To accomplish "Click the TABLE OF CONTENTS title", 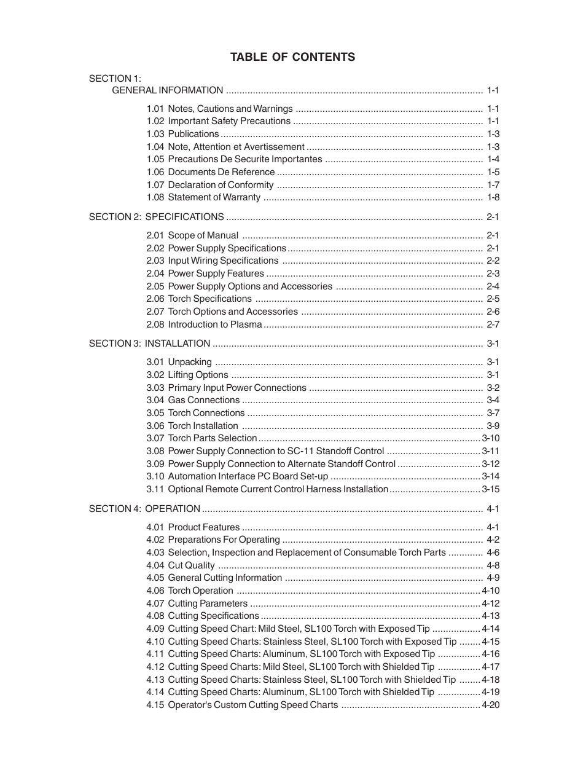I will pos(292,57).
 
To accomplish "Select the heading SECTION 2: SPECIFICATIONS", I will pos(156,217).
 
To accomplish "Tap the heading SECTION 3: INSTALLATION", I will pos(149,344).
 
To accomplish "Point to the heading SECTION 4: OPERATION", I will pos(144,509).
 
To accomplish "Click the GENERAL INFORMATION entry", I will pos(167,90).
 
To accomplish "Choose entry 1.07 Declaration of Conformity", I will pos(209,185).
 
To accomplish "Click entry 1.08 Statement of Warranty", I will pos(203,197).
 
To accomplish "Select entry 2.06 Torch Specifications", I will pos(199,299).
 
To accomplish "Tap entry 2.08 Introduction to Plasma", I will pos(204,324).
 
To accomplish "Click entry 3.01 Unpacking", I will pos(179,362).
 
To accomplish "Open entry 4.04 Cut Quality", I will pos(181,565).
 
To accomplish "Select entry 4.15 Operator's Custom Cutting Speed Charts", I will pos(242,705).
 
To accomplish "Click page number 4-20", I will pos(490,705).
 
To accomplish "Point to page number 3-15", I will pos(490,489).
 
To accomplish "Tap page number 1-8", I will pos(493,197).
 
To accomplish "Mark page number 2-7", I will pos(493,324).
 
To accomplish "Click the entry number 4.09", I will pos(155,629).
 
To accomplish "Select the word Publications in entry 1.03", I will pos(193,134).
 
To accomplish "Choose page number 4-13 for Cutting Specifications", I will pos(490,616).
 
